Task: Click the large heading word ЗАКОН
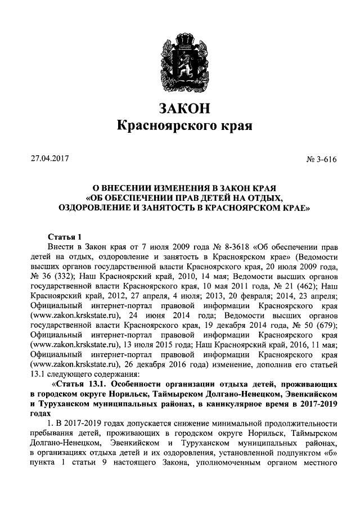180,107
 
